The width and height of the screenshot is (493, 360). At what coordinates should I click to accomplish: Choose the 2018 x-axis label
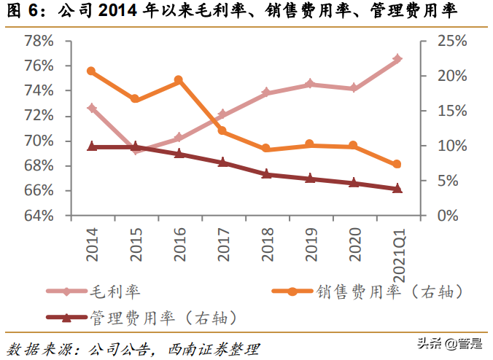point(266,242)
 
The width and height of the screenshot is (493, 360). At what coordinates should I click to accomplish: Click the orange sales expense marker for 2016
point(179,80)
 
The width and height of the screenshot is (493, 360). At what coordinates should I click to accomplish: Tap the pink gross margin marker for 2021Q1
point(397,58)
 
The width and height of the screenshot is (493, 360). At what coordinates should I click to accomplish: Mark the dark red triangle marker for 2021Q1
point(397,189)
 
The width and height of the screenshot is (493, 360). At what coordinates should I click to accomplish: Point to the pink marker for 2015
point(136,151)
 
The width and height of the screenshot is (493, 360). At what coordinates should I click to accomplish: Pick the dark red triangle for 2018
point(266,174)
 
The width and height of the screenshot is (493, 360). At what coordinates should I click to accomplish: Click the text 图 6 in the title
point(21,12)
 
